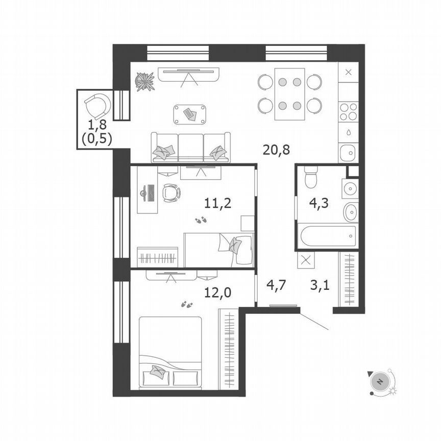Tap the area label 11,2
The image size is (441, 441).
click(x=218, y=204)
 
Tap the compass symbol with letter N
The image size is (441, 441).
click(x=380, y=381)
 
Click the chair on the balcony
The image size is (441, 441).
click(x=96, y=106)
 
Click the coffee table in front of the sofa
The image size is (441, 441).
click(x=190, y=113)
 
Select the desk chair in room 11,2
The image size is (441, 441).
click(x=171, y=192)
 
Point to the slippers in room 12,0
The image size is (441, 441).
click(x=187, y=305)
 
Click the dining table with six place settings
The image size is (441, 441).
click(x=289, y=94)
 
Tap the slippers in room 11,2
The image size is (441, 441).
click(x=201, y=220)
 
